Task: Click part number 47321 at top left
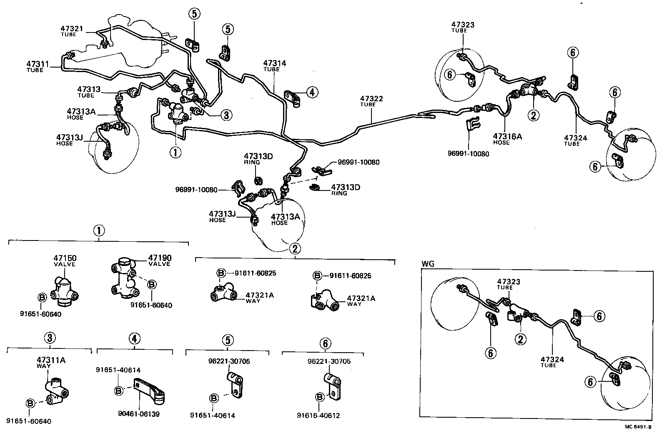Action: (72, 29)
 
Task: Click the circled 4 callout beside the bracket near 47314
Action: (312, 93)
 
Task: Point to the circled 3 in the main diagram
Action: (226, 115)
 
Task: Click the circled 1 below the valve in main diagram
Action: (176, 152)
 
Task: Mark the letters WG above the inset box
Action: (428, 263)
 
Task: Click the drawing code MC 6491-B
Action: (637, 426)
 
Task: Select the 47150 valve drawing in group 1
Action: (64, 290)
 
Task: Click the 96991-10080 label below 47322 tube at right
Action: (468, 154)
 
